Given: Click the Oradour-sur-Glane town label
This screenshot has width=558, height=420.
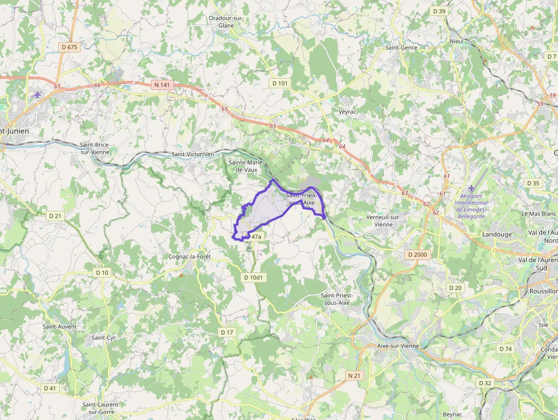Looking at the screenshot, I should point(227,22).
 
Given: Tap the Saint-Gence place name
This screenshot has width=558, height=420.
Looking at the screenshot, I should point(401,48).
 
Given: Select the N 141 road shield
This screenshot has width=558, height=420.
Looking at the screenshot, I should point(162,85).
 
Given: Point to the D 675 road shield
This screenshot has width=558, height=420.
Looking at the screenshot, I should point(68,47).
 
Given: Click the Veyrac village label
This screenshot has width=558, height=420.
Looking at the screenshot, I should point(347,112).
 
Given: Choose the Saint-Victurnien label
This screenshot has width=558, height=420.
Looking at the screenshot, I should point(193,154).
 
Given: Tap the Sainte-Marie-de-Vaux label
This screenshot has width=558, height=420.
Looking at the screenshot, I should point(243,166).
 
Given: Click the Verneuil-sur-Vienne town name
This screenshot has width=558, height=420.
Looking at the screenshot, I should point(384,221).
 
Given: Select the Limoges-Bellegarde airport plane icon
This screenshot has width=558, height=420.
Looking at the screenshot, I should point(471,188).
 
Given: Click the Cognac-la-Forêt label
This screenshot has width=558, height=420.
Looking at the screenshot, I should point(190,257).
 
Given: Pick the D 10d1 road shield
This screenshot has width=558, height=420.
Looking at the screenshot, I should point(254,278).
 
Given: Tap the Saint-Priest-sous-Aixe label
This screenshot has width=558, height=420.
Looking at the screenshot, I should point(337,299).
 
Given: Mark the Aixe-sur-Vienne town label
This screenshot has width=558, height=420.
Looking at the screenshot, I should point(398,346).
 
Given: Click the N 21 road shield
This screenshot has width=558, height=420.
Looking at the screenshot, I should point(354,376).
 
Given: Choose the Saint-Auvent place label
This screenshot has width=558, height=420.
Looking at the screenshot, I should point(60,327).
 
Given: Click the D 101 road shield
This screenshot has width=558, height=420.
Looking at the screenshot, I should point(280,83).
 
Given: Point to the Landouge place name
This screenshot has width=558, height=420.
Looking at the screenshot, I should point(497,234).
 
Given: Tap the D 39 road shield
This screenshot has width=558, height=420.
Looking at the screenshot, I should point(439,11).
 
